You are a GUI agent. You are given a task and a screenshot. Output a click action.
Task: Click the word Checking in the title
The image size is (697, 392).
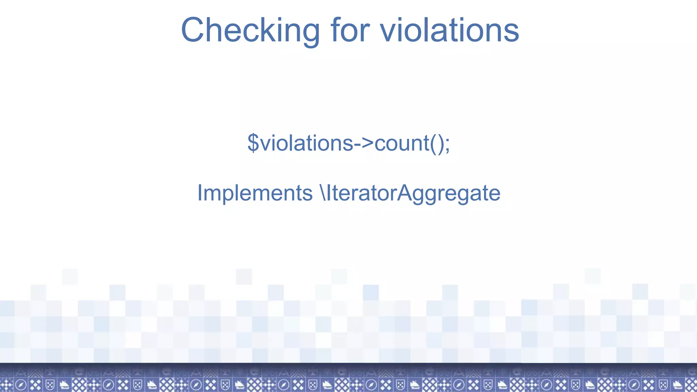[250, 31]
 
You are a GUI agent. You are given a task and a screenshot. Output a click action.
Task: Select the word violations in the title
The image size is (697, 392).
[449, 31]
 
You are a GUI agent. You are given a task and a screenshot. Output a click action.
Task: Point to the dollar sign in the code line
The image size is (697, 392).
[253, 143]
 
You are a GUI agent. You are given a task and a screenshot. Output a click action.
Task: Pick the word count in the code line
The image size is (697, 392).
[402, 143]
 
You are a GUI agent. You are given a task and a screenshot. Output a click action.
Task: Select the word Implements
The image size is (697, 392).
[255, 193]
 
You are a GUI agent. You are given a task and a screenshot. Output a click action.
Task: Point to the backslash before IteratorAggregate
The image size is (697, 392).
[323, 193]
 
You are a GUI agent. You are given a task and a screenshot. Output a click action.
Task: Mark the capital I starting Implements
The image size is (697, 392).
[200, 193]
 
